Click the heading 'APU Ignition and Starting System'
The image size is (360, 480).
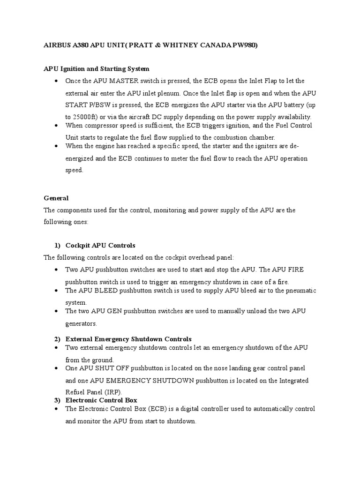97,69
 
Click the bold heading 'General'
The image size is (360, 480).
56,198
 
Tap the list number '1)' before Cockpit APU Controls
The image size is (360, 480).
57,245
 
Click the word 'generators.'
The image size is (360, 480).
81,323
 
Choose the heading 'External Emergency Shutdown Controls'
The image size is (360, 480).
128,339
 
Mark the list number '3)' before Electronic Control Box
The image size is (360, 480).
57,400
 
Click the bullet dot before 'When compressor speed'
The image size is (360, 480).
56,126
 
